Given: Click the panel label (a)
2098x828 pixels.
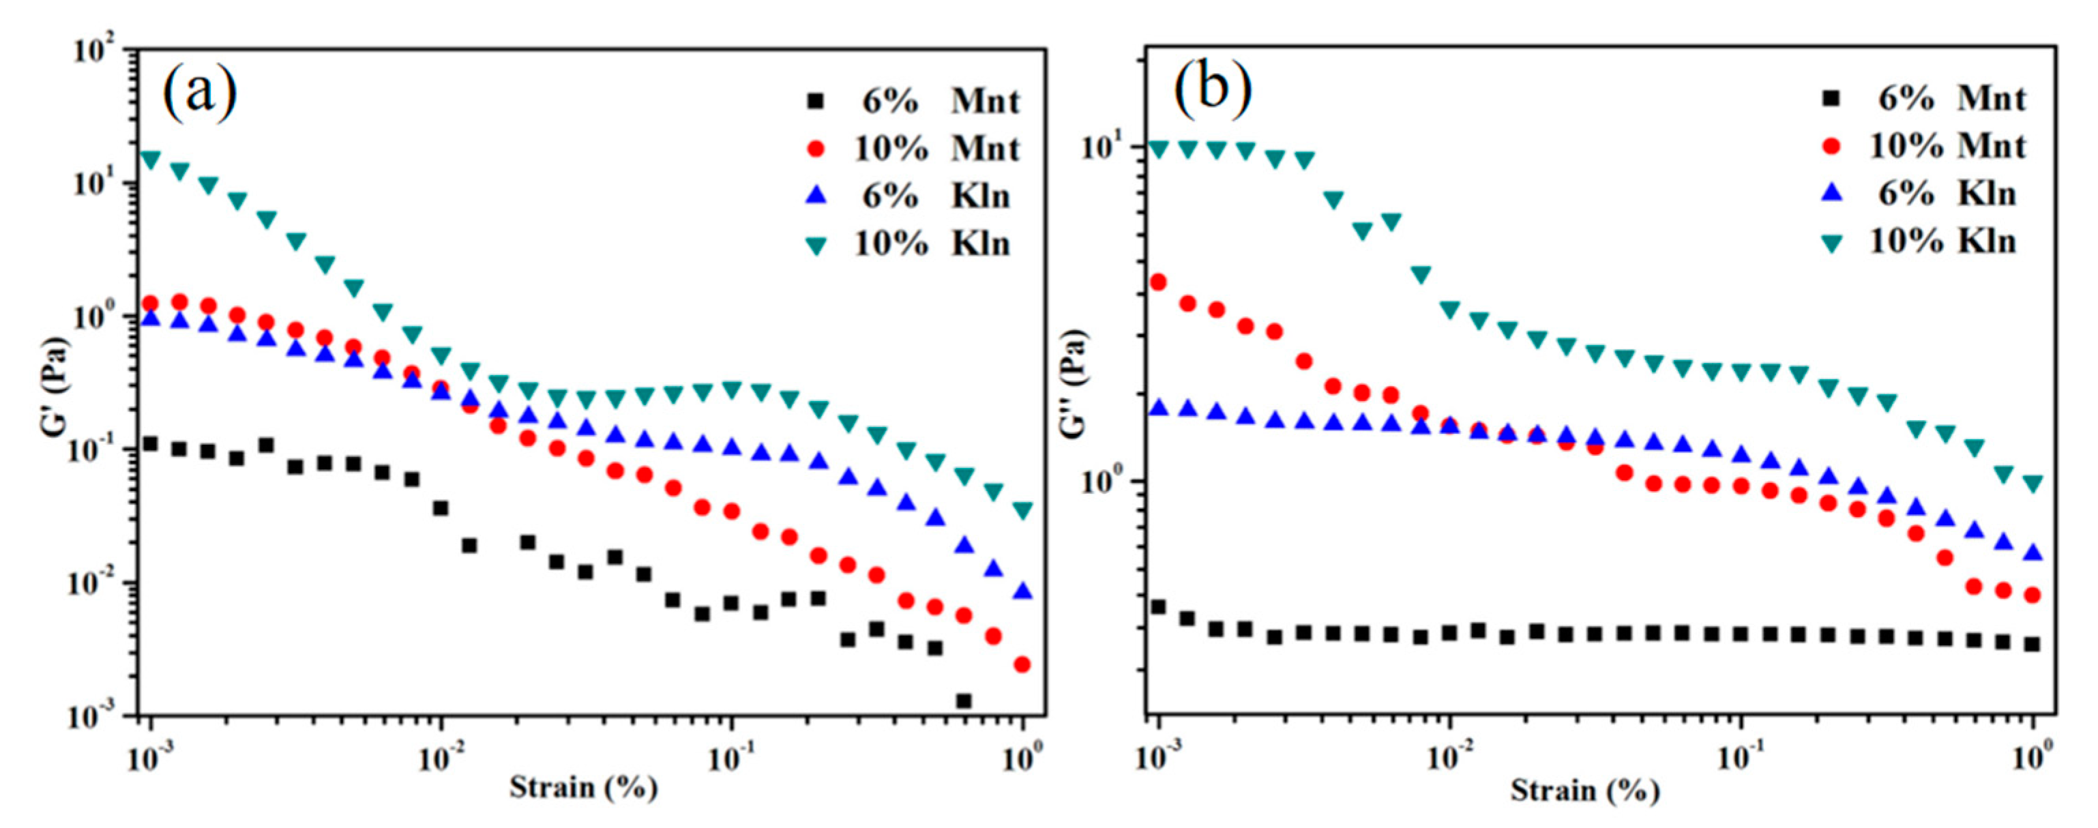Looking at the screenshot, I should tap(201, 93).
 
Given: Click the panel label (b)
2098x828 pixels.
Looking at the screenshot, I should tap(1212, 89).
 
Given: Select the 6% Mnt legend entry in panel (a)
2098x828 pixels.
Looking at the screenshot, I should tap(912, 102).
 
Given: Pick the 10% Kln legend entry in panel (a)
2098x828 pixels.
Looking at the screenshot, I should tap(912, 244).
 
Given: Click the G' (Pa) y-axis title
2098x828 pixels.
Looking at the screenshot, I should tap(57, 383).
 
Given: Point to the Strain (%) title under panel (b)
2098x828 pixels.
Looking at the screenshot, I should tap(1585, 790).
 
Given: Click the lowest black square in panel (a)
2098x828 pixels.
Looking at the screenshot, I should tap(964, 701).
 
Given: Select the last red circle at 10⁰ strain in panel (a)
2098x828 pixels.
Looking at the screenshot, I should tap(1023, 665).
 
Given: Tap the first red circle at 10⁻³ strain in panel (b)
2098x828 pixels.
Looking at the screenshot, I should tap(1157, 282).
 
